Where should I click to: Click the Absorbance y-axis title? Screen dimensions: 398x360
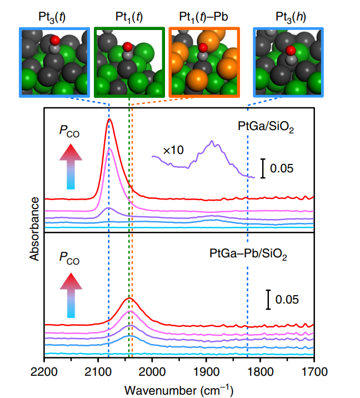(34, 228)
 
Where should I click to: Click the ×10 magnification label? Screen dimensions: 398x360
(174, 150)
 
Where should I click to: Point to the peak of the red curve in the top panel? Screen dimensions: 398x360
(109, 120)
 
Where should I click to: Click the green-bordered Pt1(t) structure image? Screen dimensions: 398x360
(129, 62)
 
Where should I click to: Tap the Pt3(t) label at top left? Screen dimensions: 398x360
(54, 17)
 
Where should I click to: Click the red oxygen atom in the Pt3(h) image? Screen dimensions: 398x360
(290, 51)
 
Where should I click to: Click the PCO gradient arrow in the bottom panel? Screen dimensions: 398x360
(69, 297)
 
